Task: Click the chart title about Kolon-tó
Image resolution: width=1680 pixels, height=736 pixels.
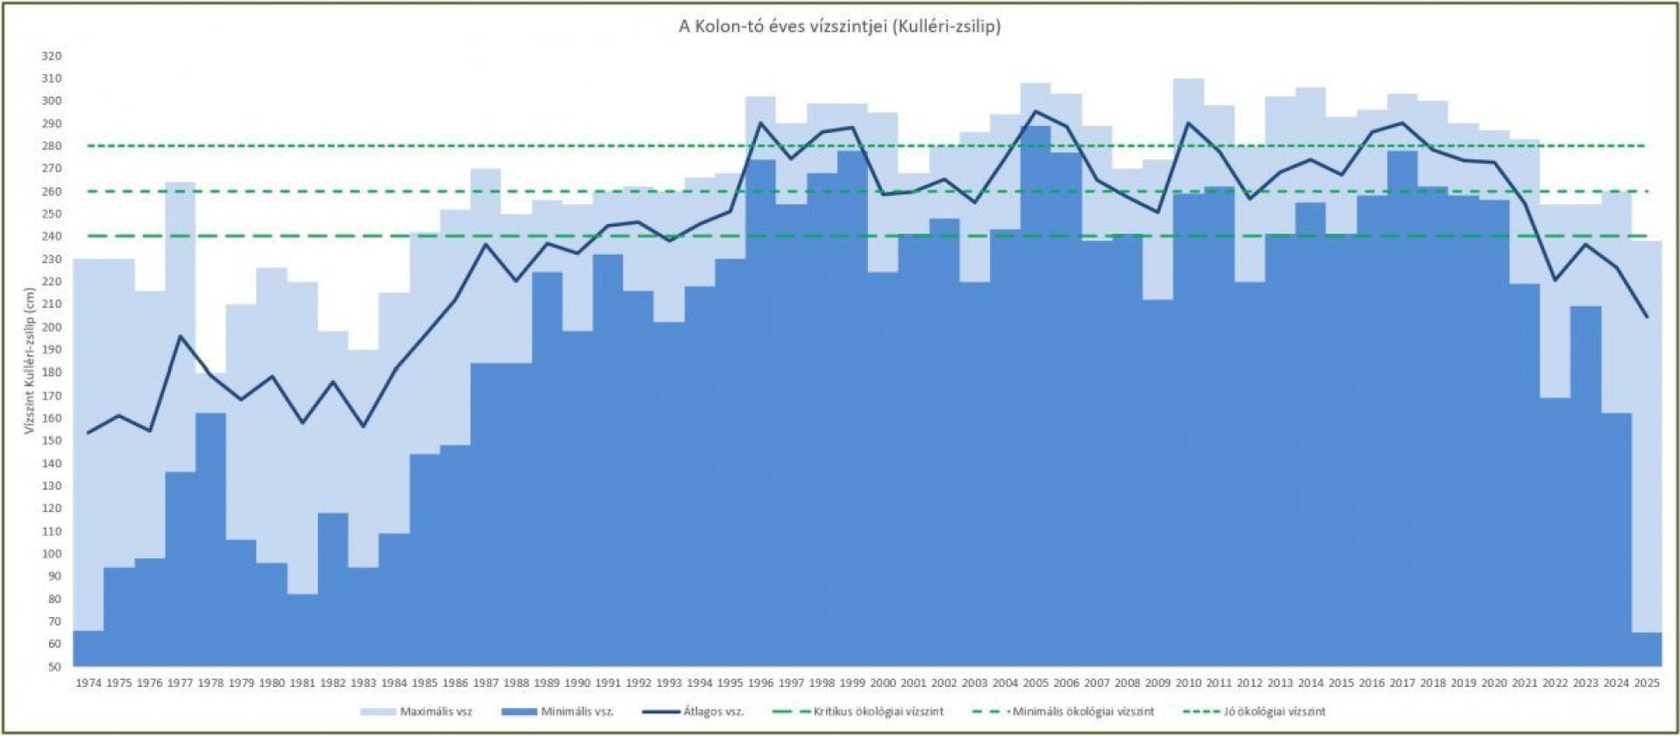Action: click(839, 26)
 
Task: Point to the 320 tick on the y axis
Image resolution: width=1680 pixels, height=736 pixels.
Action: click(52, 56)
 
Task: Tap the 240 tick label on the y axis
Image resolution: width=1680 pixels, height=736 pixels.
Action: click(52, 236)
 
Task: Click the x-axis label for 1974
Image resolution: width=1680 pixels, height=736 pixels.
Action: click(88, 683)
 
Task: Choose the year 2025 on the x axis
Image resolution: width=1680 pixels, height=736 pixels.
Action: click(1647, 683)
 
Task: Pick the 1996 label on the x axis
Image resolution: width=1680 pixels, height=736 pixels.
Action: click(760, 683)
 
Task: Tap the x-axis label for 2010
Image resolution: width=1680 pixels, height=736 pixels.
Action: click(1189, 683)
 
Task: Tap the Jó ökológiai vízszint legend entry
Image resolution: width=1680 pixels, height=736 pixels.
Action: click(1274, 711)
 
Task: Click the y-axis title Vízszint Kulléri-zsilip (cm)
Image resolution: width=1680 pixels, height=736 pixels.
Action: click(29, 361)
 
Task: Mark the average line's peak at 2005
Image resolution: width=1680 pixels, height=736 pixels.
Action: click(1035, 111)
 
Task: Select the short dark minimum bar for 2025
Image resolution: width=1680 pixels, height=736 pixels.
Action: click(1647, 648)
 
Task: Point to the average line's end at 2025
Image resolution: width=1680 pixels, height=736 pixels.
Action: click(1647, 317)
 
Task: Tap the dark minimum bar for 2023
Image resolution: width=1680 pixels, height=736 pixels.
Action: click(1585, 481)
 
